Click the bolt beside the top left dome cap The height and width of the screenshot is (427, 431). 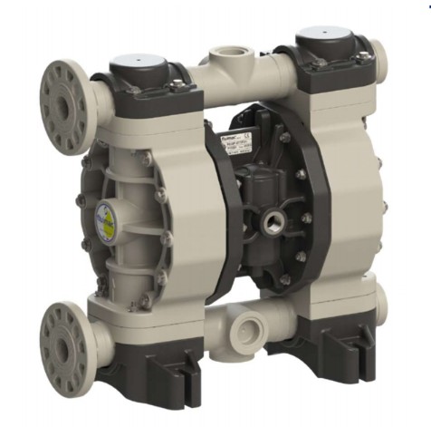pos(177,86)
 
